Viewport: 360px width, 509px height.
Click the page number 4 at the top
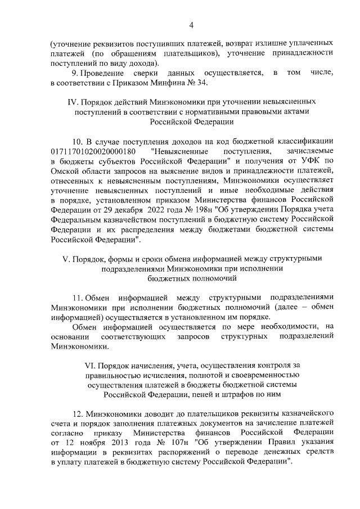click(191, 25)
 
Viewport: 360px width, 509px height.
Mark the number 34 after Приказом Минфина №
click(201, 83)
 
